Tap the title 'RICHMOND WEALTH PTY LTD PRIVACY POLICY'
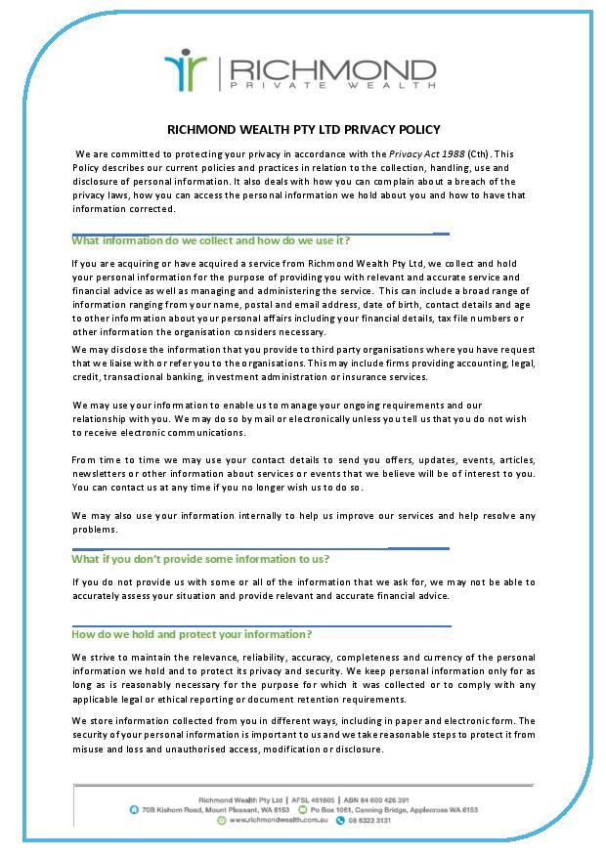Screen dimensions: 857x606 [x=303, y=129]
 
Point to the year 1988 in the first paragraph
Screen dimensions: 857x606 [x=451, y=154]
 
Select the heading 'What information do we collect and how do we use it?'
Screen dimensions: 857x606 [x=210, y=240]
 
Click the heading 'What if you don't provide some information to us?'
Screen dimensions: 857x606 [x=200, y=559]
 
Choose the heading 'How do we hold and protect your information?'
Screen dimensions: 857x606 [x=192, y=634]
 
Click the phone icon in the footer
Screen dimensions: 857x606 [x=341, y=822]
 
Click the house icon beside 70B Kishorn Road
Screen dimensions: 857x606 [x=133, y=810]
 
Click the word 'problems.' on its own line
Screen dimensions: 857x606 [x=95, y=530]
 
